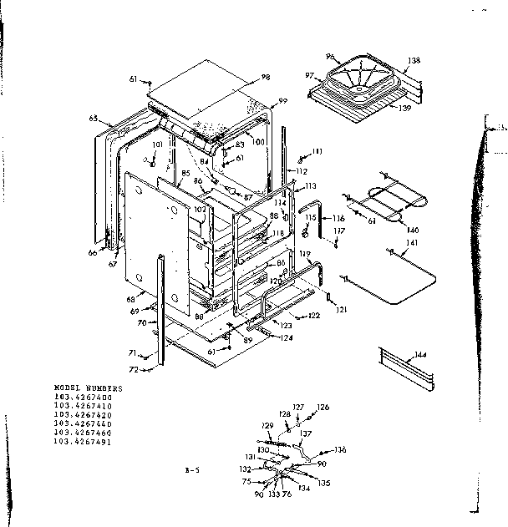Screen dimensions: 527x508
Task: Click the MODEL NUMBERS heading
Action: [x=88, y=388]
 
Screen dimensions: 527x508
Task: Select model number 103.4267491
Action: [x=87, y=441]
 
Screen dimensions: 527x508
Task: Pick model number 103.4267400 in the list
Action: [x=87, y=397]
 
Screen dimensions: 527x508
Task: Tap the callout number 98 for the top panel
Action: [x=266, y=77]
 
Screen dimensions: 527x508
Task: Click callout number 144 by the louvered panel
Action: [x=420, y=356]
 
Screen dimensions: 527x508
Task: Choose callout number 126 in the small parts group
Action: [x=323, y=408]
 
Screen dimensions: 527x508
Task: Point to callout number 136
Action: [x=340, y=450]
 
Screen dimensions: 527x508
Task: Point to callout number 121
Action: [x=341, y=310]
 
